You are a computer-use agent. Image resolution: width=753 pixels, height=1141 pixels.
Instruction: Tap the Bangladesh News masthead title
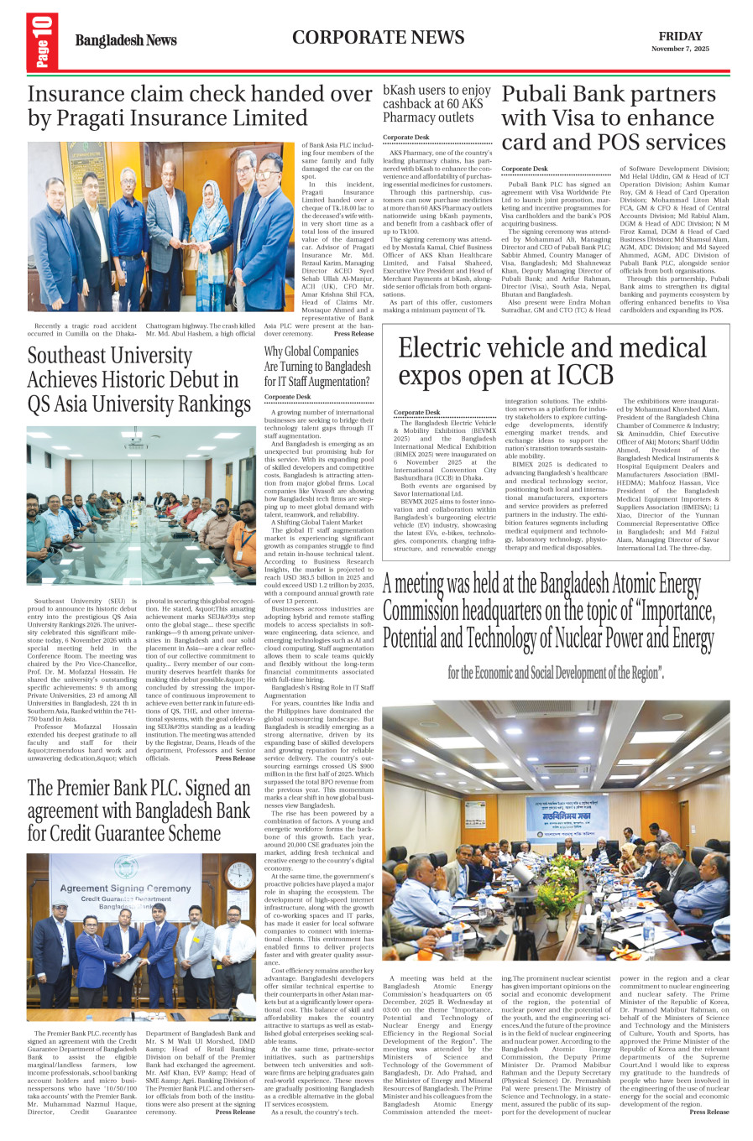click(126, 40)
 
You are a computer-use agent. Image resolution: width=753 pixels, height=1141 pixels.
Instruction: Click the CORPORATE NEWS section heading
click(378, 38)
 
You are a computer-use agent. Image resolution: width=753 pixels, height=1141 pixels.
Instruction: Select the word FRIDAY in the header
click(680, 36)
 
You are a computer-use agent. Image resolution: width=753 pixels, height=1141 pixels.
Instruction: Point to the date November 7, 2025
click(680, 49)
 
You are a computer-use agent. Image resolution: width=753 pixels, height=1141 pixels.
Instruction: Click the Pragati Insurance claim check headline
click(200, 107)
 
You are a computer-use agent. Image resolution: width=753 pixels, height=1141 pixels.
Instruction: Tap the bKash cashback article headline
click(437, 103)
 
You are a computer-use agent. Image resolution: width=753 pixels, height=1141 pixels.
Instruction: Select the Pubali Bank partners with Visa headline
click(609, 118)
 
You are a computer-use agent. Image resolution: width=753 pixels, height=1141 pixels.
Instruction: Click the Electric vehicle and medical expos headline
click(552, 360)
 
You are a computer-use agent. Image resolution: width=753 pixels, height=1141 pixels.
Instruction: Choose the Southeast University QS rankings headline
click(139, 380)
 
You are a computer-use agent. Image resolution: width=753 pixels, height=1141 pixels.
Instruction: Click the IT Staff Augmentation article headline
click(317, 367)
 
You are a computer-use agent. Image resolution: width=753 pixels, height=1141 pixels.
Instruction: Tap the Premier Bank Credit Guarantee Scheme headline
click(139, 810)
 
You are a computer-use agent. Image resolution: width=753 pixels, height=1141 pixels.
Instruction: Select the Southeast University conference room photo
click(141, 505)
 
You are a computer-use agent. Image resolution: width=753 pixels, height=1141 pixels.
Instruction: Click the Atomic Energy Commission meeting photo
click(556, 831)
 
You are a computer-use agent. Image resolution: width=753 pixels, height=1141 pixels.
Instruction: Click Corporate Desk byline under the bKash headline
click(405, 137)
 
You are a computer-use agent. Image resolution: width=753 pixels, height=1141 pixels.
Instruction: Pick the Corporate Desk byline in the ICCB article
click(416, 412)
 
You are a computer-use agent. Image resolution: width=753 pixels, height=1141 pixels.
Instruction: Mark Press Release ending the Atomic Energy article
click(709, 1112)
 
